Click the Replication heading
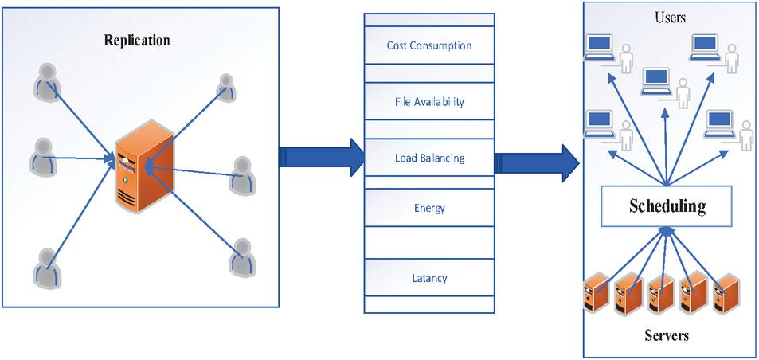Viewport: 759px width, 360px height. pyautogui.click(x=137, y=40)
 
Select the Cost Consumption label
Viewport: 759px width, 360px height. pyautogui.click(x=428, y=45)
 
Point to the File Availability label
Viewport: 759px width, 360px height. pyautogui.click(x=428, y=102)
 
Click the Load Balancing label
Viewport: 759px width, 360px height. pyautogui.click(x=429, y=158)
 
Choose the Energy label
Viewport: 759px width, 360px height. pyautogui.click(x=429, y=209)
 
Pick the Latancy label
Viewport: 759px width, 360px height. pyautogui.click(x=429, y=278)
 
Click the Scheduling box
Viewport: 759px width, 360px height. pyautogui.click(x=667, y=206)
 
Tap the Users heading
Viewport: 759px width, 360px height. pyautogui.click(x=670, y=17)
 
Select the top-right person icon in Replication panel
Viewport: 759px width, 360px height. pyautogui.click(x=226, y=88)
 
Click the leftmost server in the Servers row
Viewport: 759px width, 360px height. pyautogui.click(x=596, y=294)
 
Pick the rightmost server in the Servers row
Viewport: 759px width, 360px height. pyautogui.click(x=729, y=294)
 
